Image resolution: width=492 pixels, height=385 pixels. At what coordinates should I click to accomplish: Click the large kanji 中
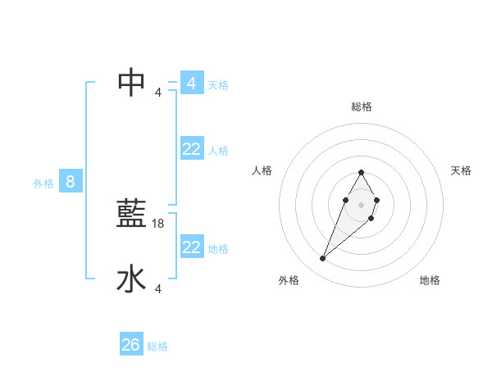tap(132, 82)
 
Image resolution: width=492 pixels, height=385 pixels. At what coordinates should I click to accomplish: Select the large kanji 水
tap(132, 279)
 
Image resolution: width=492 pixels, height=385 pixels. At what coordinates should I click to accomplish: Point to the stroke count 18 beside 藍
tap(158, 224)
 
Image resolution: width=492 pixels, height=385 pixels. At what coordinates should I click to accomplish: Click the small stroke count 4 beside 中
tap(158, 92)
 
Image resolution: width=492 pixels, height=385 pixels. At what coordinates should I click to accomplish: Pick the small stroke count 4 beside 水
tap(158, 288)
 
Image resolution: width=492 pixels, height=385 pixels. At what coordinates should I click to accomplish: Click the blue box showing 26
tap(131, 345)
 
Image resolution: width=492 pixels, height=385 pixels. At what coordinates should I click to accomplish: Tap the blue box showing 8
tap(71, 182)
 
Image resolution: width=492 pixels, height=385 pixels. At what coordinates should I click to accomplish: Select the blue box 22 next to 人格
tap(192, 149)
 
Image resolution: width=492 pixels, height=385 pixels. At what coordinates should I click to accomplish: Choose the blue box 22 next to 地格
tap(192, 247)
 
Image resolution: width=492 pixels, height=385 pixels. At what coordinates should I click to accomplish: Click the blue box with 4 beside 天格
tap(192, 84)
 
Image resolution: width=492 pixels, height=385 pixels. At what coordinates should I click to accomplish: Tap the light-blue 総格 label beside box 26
tap(157, 346)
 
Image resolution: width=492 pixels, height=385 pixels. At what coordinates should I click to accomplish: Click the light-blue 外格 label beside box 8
tap(43, 183)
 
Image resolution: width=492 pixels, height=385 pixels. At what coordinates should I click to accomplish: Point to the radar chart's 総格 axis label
tap(361, 106)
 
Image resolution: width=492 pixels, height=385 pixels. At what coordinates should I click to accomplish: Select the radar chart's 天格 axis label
tap(462, 170)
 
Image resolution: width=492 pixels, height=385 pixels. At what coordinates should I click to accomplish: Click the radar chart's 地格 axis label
tap(430, 280)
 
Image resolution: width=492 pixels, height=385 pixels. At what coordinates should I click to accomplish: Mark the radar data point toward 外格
tap(323, 259)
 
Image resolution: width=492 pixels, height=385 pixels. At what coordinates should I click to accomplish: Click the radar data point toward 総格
tap(361, 173)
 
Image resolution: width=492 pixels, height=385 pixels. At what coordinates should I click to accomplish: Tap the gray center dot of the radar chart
tap(361, 204)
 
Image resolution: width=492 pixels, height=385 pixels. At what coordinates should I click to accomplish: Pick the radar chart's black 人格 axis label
tap(262, 170)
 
